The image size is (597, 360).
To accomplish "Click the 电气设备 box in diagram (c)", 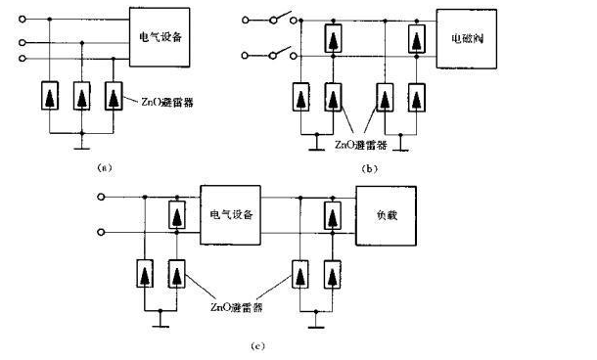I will coord(229,213).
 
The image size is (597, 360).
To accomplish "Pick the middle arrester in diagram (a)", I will coord(83,99).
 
